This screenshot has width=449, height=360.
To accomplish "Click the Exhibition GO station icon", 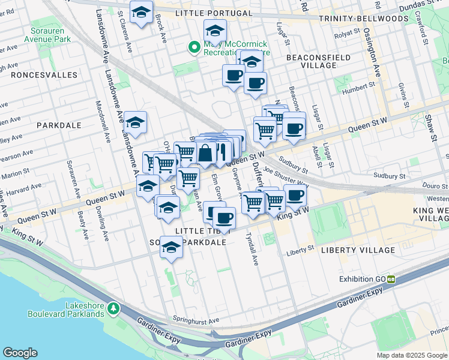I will coord(391,279).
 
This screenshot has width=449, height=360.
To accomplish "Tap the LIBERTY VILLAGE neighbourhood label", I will coord(358,250).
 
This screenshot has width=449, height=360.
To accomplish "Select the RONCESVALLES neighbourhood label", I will coord(44,75).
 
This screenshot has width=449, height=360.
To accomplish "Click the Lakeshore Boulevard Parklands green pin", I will coord(112,308).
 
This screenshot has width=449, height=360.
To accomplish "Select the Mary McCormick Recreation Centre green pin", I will coord(194,47).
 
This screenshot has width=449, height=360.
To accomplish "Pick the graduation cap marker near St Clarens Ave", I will coord(141,13).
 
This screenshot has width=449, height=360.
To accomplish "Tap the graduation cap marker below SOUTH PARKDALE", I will coord(172,247).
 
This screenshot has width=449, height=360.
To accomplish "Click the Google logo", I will coord(20,353).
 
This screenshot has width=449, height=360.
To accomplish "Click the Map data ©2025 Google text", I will coord(411,355).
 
